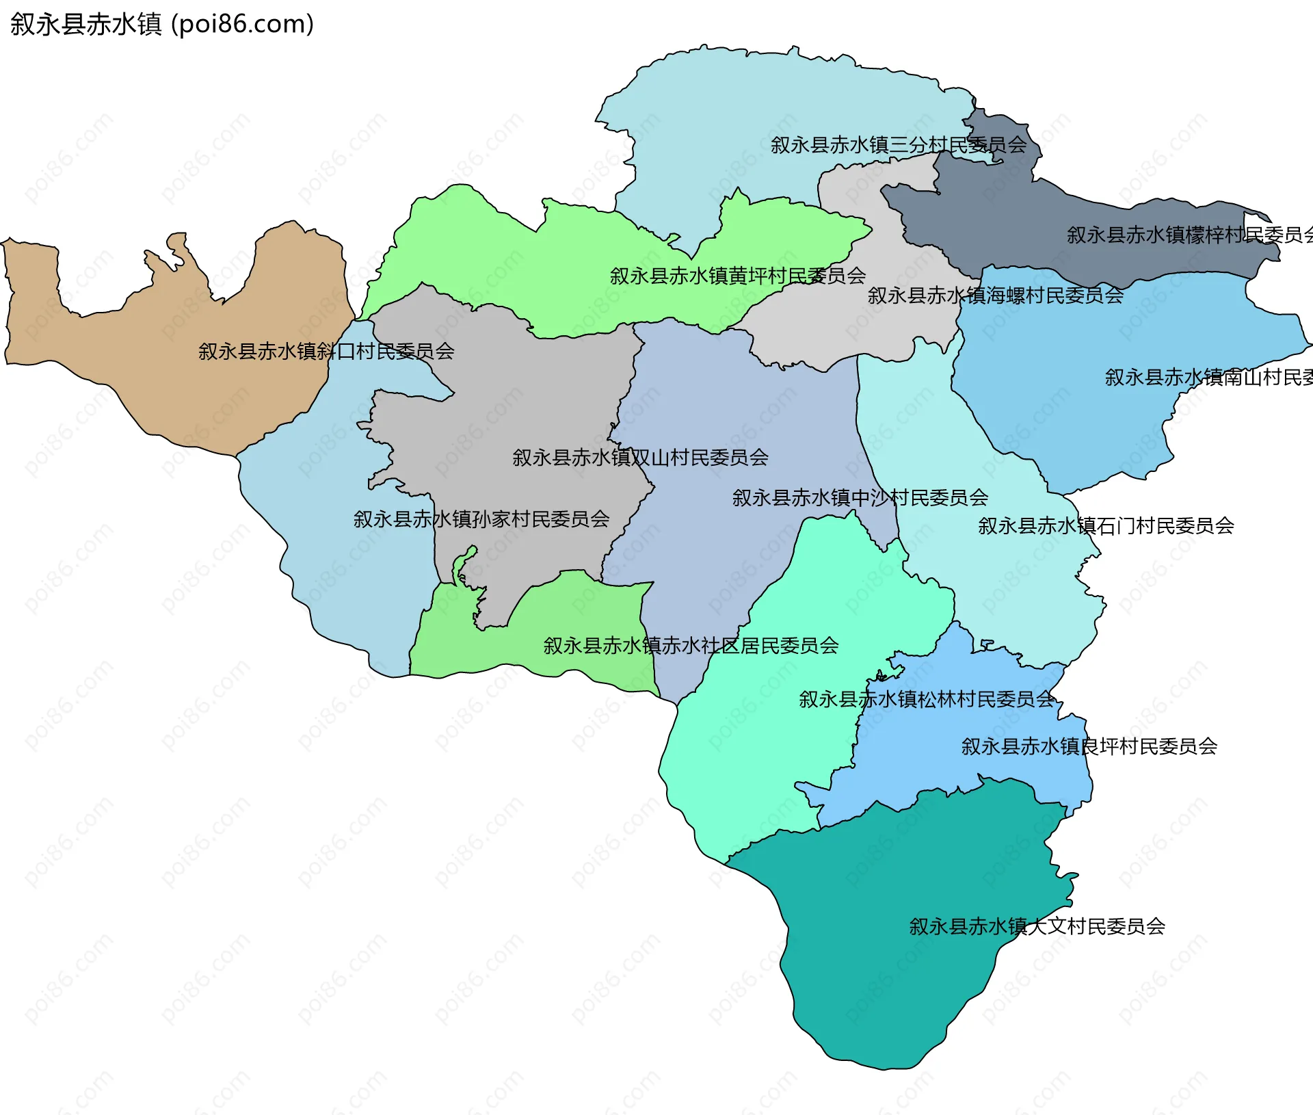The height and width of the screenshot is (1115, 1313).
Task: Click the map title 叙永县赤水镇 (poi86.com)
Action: [x=162, y=24]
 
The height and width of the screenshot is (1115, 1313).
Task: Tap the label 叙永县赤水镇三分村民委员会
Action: [x=898, y=145]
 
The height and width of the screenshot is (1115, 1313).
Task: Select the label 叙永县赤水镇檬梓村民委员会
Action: [x=1189, y=235]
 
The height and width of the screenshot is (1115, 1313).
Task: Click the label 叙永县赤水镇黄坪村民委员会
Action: [x=737, y=276]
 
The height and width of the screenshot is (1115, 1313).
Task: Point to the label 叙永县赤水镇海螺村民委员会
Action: [x=995, y=296]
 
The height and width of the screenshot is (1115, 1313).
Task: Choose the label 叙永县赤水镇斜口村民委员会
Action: [x=326, y=352]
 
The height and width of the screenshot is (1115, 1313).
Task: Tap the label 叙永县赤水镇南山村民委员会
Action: [x=1208, y=378]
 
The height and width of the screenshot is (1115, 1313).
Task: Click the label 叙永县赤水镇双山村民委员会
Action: [x=640, y=458]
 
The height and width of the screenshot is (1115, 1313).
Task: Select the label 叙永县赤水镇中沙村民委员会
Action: [x=860, y=498]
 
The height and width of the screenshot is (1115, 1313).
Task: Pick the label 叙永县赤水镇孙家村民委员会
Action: [x=481, y=519]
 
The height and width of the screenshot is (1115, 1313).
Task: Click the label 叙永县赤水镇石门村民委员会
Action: [x=1105, y=526]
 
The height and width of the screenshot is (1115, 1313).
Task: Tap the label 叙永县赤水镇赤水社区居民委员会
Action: [x=691, y=646]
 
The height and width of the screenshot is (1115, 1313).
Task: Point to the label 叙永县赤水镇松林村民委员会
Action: [x=927, y=700]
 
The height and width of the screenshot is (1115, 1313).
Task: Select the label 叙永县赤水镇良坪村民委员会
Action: [x=1089, y=746]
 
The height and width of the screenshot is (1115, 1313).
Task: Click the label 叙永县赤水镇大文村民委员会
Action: [x=1037, y=927]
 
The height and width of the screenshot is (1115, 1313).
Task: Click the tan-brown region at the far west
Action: [x=171, y=383]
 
